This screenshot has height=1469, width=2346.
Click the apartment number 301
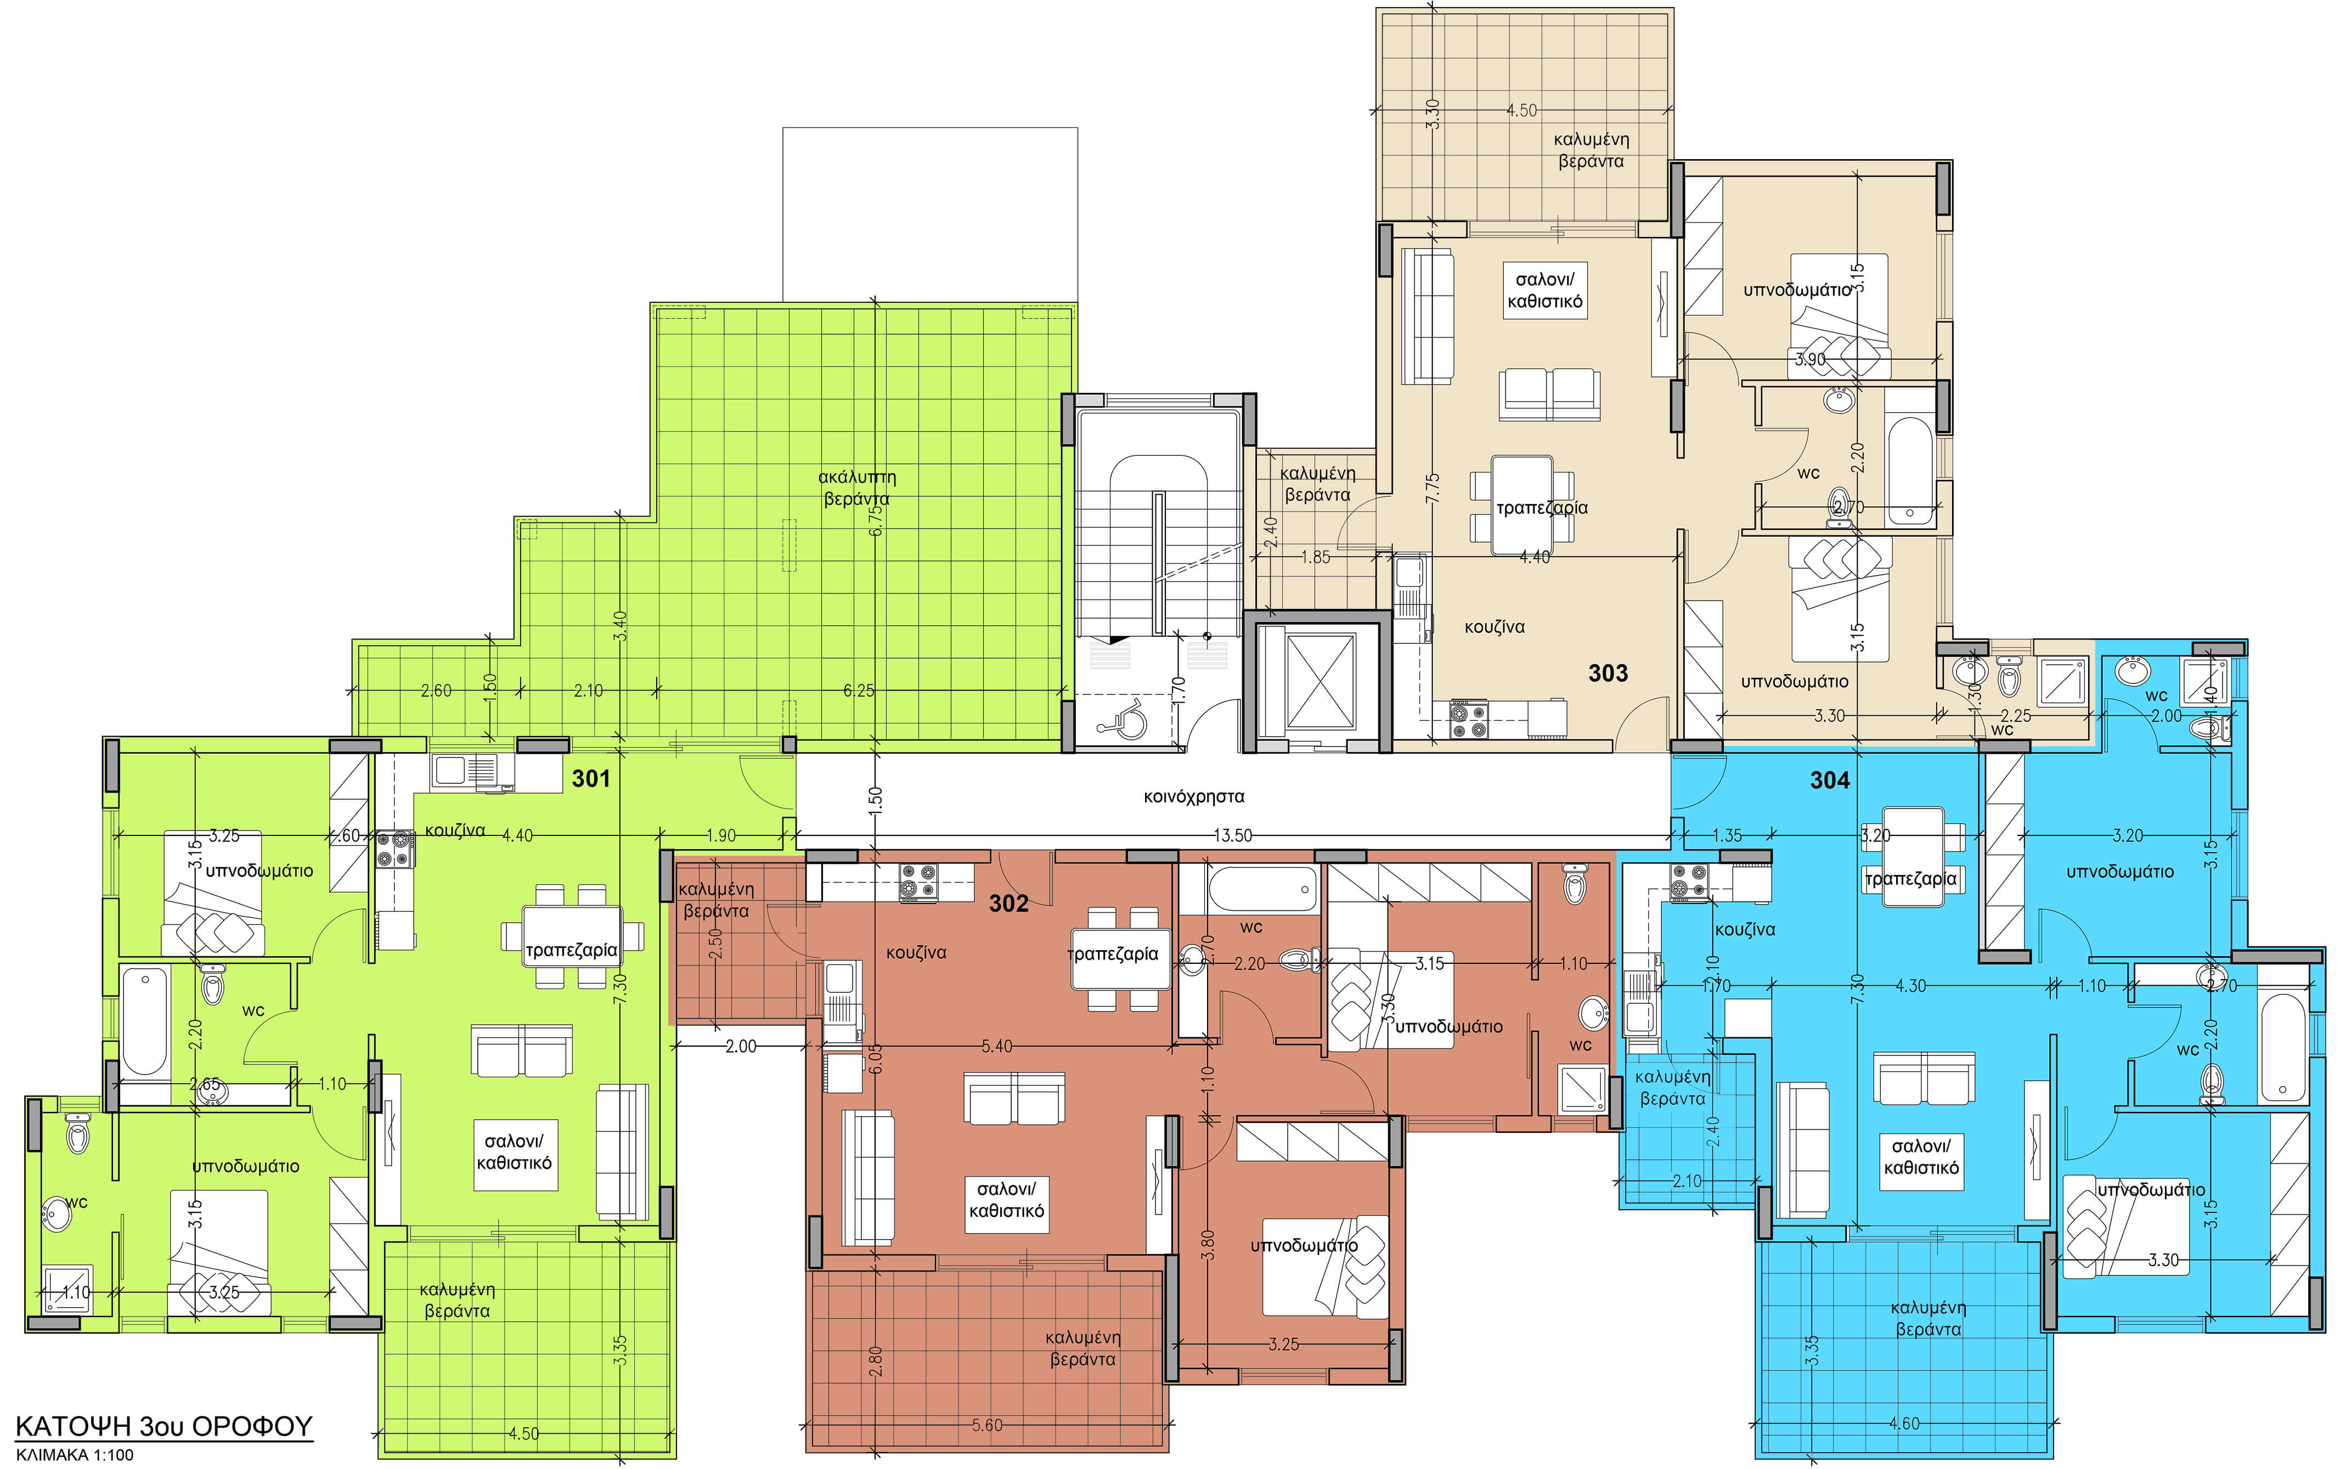(591, 778)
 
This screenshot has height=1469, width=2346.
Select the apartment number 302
(1008, 903)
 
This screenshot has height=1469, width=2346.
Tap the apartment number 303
(1608, 673)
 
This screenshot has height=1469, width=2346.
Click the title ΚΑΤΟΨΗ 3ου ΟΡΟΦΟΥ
(164, 1426)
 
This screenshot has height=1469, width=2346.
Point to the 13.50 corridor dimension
(1232, 835)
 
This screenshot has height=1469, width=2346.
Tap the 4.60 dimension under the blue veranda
(1903, 1423)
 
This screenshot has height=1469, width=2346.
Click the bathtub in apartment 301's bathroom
(145, 1021)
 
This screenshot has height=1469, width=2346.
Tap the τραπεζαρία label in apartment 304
(1910, 879)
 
